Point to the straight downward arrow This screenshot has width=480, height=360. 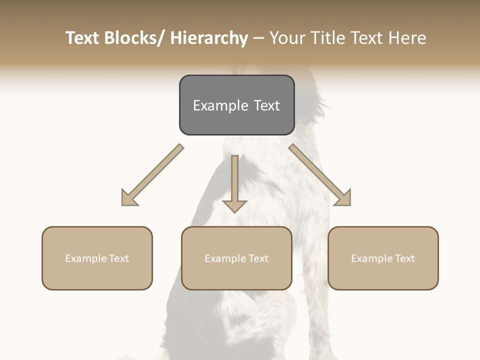coord(234,180)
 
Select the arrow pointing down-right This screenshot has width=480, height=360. coord(317,172)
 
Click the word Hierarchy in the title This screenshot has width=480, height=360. coord(209,38)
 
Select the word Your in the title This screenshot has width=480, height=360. coord(288,38)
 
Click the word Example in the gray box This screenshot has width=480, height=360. coord(220,105)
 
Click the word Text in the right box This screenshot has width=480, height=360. coord(404,258)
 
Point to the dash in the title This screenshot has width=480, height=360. coord(258,38)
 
